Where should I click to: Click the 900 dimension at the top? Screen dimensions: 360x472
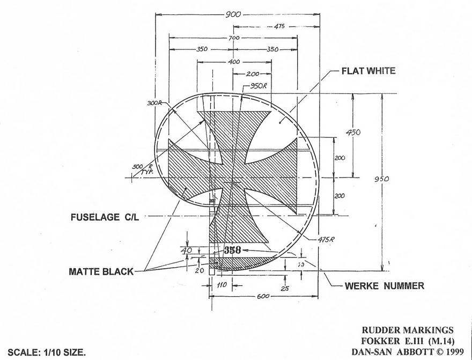(233, 15)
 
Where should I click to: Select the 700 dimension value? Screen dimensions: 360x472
(233, 38)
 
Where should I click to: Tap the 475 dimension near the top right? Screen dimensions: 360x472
(279, 26)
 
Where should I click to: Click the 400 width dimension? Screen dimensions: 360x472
(233, 62)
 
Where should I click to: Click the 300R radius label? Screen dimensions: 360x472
(154, 103)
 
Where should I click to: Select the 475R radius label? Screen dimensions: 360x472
(325, 239)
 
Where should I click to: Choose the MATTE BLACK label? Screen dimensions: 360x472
(101, 272)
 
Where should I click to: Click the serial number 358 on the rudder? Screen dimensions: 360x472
(232, 250)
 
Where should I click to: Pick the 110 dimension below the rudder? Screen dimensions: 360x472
(221, 286)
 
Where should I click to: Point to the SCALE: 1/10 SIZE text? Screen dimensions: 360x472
(47, 352)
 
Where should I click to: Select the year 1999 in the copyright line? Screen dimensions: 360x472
(451, 352)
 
